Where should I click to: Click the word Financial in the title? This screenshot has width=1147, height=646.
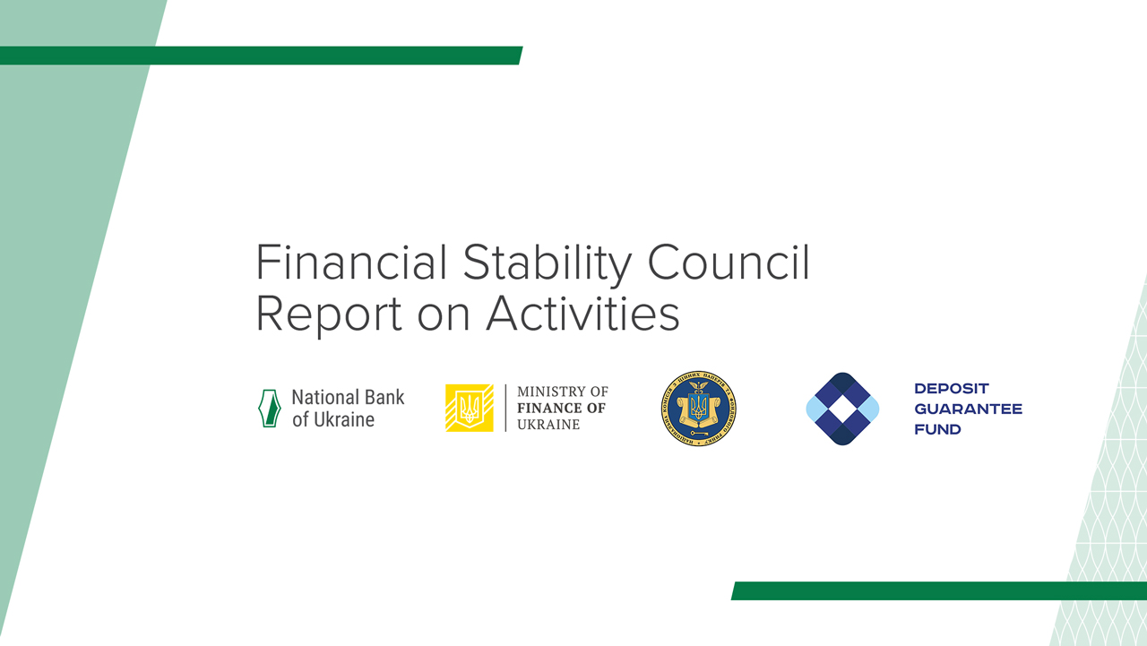pyautogui.click(x=351, y=263)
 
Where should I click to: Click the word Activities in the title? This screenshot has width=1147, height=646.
pyautogui.click(x=582, y=314)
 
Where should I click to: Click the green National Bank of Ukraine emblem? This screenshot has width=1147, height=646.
pyautogui.click(x=269, y=409)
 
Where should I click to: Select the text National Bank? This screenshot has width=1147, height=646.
pyautogui.click(x=348, y=397)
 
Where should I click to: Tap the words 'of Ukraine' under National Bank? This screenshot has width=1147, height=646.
pyautogui.click(x=332, y=419)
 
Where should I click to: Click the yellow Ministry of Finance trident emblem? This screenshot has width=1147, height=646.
pyautogui.click(x=469, y=408)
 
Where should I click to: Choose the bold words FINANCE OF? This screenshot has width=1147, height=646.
pyautogui.click(x=561, y=409)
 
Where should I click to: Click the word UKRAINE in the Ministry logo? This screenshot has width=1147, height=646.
pyautogui.click(x=548, y=424)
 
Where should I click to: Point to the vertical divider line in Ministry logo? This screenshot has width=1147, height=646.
pyautogui.click(x=505, y=408)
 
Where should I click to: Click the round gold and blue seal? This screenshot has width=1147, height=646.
pyautogui.click(x=698, y=409)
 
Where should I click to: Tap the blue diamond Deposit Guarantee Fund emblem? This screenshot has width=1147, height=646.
pyautogui.click(x=842, y=409)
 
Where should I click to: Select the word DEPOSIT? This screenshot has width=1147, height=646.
pyautogui.click(x=951, y=389)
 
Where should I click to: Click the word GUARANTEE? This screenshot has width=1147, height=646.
pyautogui.click(x=968, y=409)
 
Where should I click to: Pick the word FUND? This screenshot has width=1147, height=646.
pyautogui.click(x=937, y=429)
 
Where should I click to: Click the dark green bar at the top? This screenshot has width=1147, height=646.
pyautogui.click(x=260, y=56)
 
